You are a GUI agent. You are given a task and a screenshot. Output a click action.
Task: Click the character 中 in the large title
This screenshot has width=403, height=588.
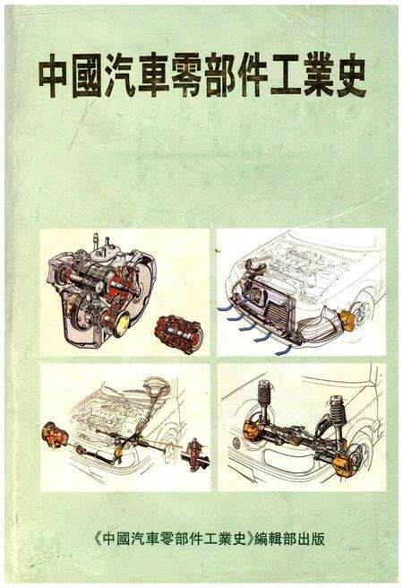click(x=53, y=75)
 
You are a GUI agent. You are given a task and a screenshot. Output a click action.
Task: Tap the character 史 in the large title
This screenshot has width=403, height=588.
click(x=349, y=75)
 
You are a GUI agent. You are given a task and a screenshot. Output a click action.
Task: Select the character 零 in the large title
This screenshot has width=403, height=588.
click(x=184, y=75)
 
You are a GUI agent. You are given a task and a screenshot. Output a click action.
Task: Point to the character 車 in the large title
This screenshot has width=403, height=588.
click(x=152, y=75)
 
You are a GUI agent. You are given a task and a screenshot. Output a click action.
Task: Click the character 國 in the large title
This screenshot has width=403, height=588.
click(x=86, y=75)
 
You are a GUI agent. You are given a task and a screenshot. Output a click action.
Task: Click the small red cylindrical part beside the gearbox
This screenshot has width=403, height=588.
click(x=178, y=330)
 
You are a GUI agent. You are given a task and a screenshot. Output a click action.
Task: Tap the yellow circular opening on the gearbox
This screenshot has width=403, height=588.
click(x=123, y=324)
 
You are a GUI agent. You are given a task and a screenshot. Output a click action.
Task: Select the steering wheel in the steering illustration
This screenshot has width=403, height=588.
click(x=158, y=385)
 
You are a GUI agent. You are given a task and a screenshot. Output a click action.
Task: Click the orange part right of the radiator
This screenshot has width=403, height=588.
click(x=347, y=322)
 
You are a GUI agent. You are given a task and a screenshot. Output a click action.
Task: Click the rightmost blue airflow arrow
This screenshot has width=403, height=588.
click(x=283, y=350)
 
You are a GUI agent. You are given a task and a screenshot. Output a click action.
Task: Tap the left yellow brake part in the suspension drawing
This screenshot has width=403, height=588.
click(x=250, y=431)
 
